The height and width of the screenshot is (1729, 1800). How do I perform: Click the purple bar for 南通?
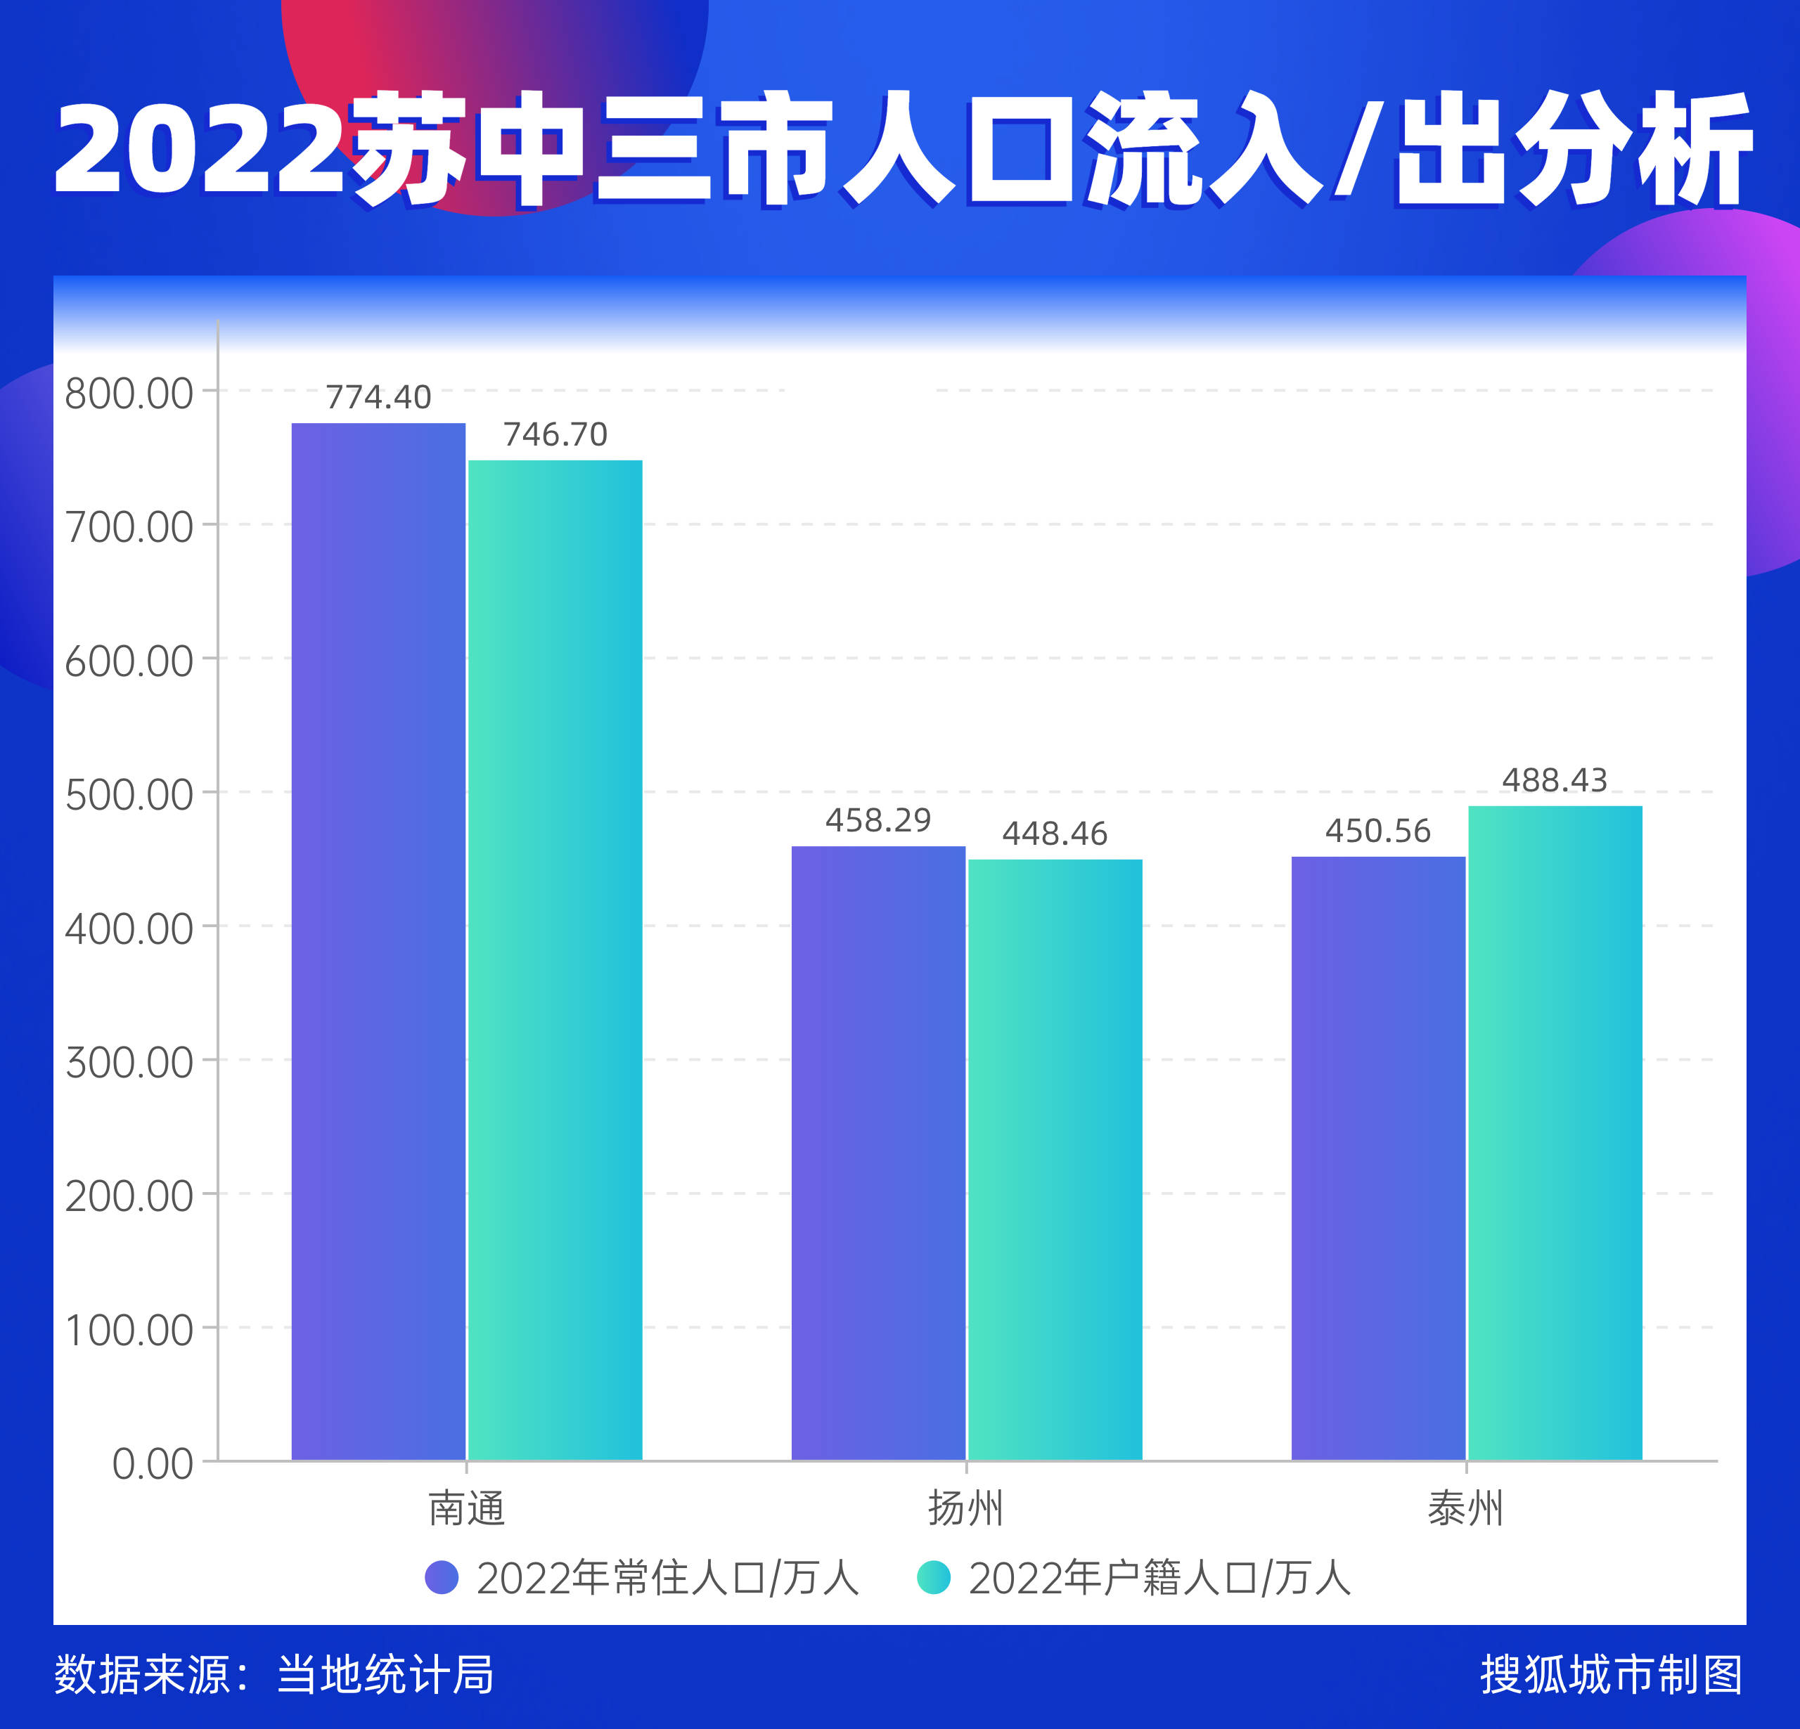pyautogui.click(x=378, y=941)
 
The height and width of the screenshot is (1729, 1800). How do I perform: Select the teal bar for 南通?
pyautogui.click(x=555, y=959)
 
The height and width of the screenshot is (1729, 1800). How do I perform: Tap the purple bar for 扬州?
pyautogui.click(x=878, y=1153)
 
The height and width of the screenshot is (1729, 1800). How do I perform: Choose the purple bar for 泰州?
pyautogui.click(x=1377, y=1158)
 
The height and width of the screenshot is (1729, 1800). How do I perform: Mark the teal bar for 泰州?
pyautogui.click(x=1555, y=1132)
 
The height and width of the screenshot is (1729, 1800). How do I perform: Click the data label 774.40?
pyautogui.click(x=378, y=396)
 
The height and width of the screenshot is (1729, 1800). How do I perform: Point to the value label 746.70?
pyautogui.click(x=555, y=434)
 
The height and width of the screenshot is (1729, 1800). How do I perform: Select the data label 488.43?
pyautogui.click(x=1555, y=780)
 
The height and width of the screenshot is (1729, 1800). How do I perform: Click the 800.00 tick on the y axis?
pyautogui.click(x=129, y=394)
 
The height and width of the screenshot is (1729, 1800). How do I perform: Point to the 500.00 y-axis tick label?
pyautogui.click(x=129, y=795)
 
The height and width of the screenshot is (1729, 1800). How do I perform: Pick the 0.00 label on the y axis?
pyautogui.click(x=153, y=1463)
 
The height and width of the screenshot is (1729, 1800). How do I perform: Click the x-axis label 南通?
pyautogui.click(x=467, y=1508)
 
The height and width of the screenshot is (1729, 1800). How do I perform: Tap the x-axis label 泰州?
pyautogui.click(x=1466, y=1508)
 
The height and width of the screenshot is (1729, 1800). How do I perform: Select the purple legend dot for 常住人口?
pyautogui.click(x=442, y=1577)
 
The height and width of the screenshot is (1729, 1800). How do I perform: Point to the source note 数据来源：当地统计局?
pyautogui.click(x=274, y=1674)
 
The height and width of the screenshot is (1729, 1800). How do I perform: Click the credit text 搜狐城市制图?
pyautogui.click(x=1611, y=1674)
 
